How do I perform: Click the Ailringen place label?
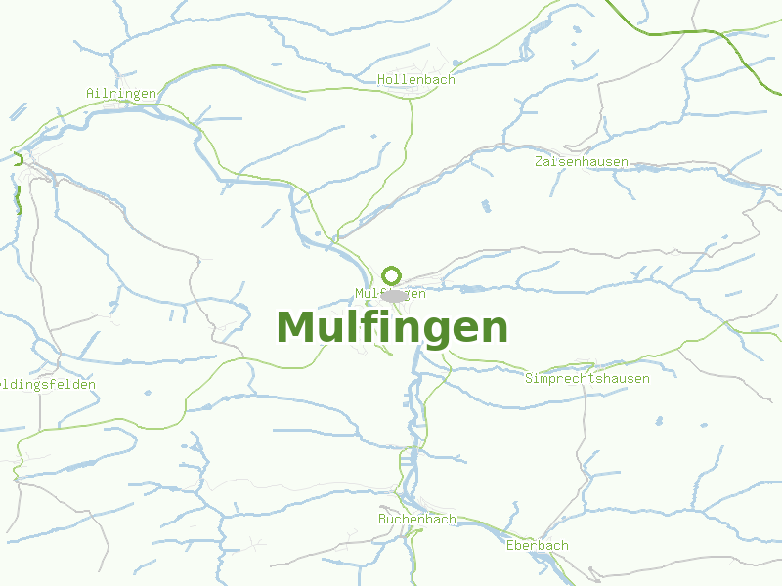[121, 93]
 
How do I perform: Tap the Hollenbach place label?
[416, 80]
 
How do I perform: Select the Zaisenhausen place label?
[582, 161]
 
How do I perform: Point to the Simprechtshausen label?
[587, 378]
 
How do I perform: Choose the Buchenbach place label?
[417, 519]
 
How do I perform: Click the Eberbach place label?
[538, 545]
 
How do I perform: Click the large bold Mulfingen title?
[392, 327]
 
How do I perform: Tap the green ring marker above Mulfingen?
[392, 275]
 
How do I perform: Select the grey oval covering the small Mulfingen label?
[395, 295]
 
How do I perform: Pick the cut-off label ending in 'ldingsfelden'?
[48, 384]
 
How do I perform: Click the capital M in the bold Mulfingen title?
[294, 327]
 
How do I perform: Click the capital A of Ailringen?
[90, 93]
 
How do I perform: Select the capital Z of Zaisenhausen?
[539, 161]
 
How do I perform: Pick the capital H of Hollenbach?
[382, 80]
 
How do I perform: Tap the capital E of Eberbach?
[510, 545]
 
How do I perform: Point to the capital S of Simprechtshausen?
[529, 378]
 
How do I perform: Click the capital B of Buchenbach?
[383, 519]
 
